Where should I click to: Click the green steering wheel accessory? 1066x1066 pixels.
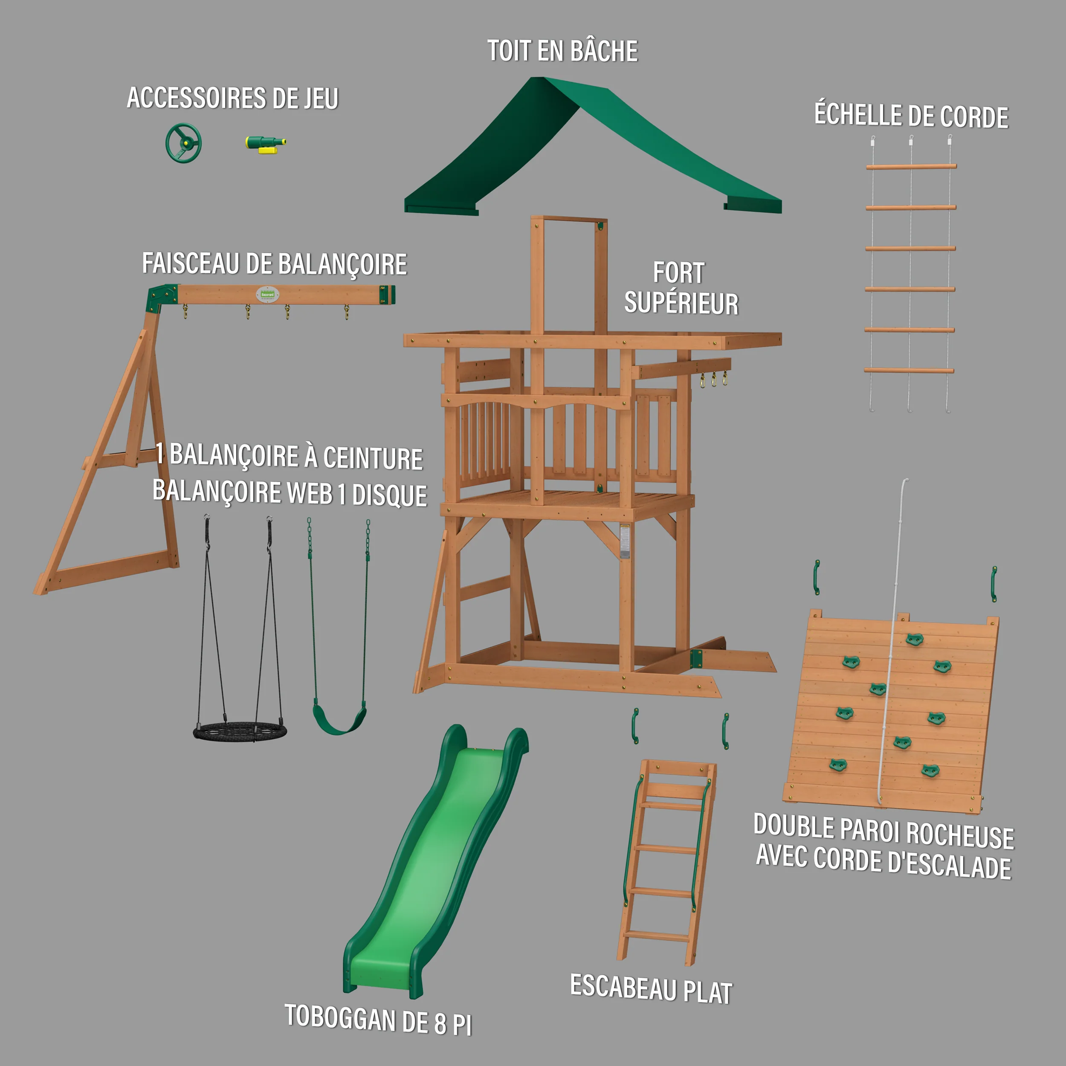pos(184,143)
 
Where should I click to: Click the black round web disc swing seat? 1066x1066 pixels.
pos(240,732)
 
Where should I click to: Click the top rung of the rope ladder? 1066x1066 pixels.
pos(911,166)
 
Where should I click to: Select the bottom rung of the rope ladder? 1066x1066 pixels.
pos(909,370)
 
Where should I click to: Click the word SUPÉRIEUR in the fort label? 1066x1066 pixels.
pos(681,304)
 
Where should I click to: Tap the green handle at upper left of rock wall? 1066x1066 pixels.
pos(817,578)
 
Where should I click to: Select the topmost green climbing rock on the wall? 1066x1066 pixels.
pos(914,640)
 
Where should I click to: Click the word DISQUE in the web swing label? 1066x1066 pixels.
pos(390,495)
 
